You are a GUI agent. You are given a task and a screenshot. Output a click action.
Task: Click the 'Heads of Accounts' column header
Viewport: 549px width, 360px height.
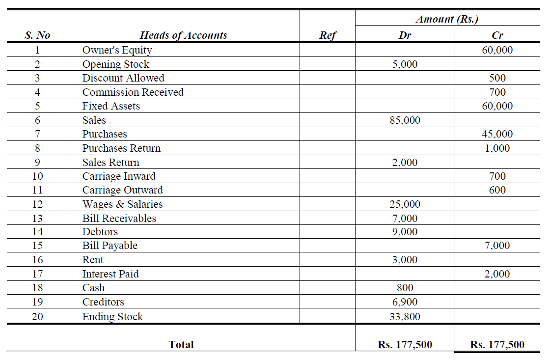pyautogui.click(x=183, y=35)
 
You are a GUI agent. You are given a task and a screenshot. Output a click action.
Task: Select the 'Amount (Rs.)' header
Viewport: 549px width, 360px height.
pyautogui.click(x=446, y=20)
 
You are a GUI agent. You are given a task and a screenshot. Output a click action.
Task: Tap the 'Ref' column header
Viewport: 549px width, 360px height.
pyautogui.click(x=328, y=35)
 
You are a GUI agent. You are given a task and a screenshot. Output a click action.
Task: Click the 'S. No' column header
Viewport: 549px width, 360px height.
pyautogui.click(x=37, y=35)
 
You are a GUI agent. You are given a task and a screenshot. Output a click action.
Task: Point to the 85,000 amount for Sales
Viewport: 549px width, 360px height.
pyautogui.click(x=405, y=120)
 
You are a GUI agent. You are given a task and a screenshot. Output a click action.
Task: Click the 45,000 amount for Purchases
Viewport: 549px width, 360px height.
pyautogui.click(x=497, y=134)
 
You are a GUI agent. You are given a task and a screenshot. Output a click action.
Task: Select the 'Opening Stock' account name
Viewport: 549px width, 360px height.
pyautogui.click(x=115, y=64)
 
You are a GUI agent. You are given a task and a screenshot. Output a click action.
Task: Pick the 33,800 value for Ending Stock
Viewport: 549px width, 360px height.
pyautogui.click(x=405, y=317)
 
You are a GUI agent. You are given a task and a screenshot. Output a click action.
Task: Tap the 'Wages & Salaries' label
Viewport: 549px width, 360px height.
pyautogui.click(x=122, y=204)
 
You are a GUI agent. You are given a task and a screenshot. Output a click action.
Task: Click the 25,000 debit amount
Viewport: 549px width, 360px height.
pyautogui.click(x=405, y=204)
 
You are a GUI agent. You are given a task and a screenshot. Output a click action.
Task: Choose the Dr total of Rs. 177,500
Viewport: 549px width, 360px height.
pyautogui.click(x=405, y=345)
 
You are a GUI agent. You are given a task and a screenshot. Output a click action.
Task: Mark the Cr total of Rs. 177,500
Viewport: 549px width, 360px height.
pyautogui.click(x=497, y=345)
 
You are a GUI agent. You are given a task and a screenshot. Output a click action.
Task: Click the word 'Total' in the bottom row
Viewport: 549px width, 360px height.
pyautogui.click(x=181, y=345)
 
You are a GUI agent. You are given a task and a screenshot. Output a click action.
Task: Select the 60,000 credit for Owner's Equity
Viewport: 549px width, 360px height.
pyautogui.click(x=497, y=50)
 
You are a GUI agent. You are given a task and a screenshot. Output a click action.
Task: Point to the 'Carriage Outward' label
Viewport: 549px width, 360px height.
pyautogui.click(x=122, y=190)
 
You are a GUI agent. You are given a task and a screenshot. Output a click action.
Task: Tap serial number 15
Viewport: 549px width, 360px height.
pyautogui.click(x=37, y=246)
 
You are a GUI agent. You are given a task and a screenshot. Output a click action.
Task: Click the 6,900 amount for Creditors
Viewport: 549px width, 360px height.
pyautogui.click(x=405, y=302)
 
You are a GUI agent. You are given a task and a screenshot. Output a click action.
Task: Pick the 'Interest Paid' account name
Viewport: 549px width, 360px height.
pyautogui.click(x=110, y=274)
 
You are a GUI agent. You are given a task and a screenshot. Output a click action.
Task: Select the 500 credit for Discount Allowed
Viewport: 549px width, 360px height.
pyautogui.click(x=497, y=78)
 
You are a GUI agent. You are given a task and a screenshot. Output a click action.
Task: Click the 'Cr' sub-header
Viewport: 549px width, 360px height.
pyautogui.click(x=497, y=35)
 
